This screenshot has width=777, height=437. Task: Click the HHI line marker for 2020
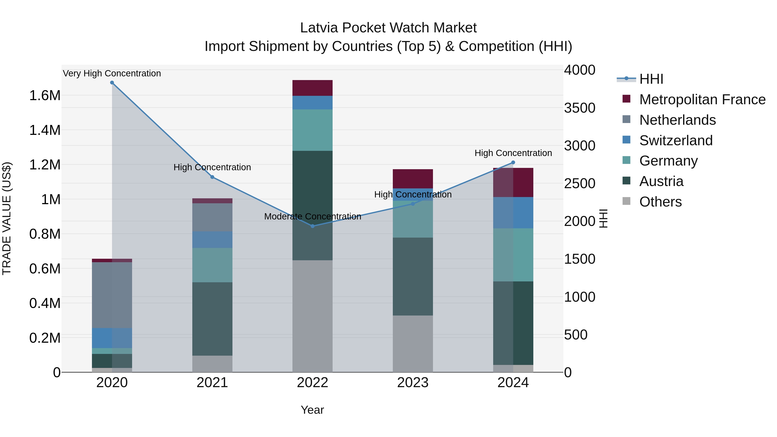point(112,83)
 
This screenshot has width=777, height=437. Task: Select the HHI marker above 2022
point(313,226)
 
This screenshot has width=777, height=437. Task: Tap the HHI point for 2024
point(513,162)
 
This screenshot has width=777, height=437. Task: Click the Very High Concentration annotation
point(112,73)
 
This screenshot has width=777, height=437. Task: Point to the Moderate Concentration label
point(313,216)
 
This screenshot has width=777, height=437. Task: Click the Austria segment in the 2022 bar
point(313,205)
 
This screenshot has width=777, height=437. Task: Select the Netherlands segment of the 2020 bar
point(112,295)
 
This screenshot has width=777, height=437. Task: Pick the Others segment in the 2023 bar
point(413,344)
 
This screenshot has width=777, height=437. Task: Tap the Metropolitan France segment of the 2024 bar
point(513,182)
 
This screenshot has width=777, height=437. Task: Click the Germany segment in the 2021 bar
point(212,265)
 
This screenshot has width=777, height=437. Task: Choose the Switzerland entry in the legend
point(676,140)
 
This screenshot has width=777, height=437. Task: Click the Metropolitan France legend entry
point(702,99)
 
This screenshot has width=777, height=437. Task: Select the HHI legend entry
point(651,79)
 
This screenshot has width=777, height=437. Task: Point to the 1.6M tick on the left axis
point(45,96)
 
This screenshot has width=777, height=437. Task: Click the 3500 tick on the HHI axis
point(580,108)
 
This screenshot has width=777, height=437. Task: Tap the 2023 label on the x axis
point(413,383)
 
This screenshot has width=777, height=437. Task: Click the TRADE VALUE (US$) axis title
point(7,218)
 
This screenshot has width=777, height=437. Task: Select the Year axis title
point(312,410)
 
